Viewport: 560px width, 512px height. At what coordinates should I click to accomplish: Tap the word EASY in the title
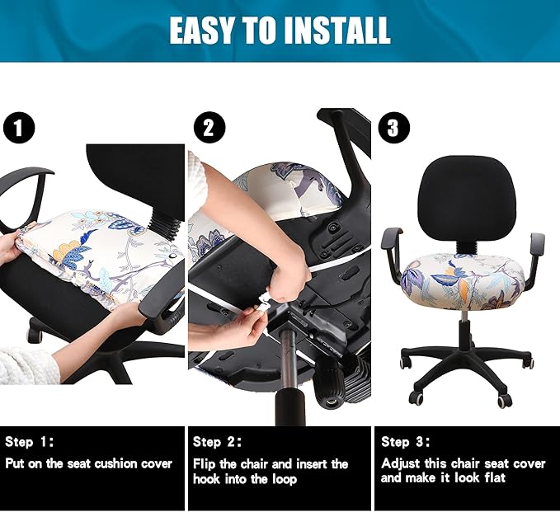tap(200, 31)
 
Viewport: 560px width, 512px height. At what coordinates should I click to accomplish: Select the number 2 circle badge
tap(209, 129)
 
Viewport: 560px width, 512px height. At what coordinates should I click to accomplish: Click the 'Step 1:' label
tap(31, 442)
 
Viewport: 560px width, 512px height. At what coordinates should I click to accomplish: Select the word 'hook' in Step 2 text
tap(207, 478)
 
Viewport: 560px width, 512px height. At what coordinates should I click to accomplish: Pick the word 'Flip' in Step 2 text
tap(205, 463)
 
